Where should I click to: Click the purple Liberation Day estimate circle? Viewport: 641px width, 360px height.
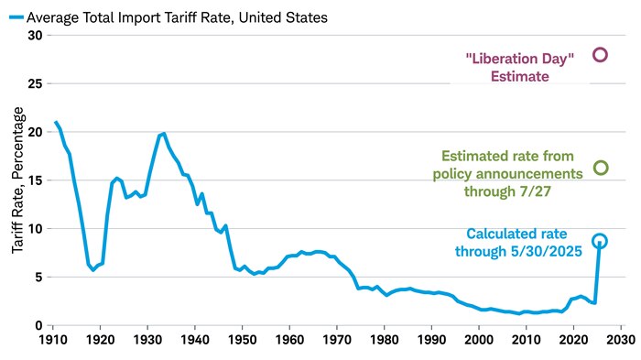(600, 54)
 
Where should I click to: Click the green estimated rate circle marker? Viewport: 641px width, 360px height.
(600, 168)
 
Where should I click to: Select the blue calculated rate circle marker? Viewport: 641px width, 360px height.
(599, 241)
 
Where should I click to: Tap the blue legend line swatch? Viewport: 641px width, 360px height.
(10, 16)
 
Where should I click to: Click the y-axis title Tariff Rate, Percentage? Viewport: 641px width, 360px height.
(17, 180)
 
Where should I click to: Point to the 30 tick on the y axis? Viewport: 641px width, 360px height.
(36, 35)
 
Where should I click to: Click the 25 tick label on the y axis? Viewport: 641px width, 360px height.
(36, 83)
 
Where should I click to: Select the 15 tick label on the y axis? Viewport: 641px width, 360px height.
(36, 180)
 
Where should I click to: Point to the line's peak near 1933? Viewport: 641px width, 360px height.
(163, 133)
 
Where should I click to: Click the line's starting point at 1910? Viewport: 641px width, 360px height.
(55, 122)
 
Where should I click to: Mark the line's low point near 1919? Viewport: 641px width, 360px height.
(93, 270)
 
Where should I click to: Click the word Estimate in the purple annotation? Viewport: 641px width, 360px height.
(519, 76)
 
